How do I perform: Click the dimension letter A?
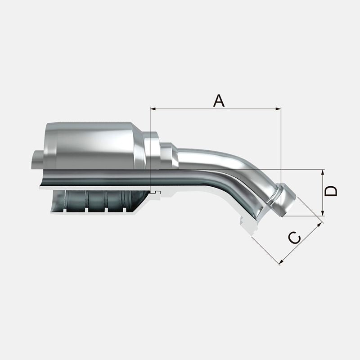point(219,100)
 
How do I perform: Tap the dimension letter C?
point(294,238)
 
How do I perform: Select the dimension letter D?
point(331,191)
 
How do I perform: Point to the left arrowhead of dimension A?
point(153,108)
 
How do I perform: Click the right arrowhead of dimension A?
point(278,108)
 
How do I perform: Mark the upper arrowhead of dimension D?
point(323,172)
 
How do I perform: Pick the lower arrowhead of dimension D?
point(323,213)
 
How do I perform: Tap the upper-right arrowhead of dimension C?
point(319,225)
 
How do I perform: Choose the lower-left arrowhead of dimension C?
point(282,261)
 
